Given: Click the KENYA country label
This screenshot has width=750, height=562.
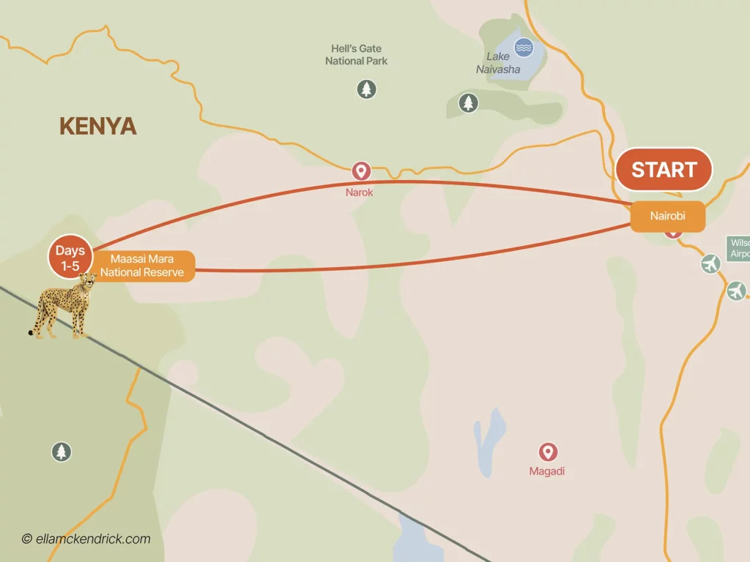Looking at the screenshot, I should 98,127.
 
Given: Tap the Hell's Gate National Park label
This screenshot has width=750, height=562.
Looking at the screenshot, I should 356,55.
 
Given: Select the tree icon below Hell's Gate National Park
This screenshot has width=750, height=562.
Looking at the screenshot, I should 366,90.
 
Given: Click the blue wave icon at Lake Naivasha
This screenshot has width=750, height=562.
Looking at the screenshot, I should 524,48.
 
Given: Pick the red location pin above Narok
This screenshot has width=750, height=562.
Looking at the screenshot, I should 360,171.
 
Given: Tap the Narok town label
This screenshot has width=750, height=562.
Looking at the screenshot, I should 360,192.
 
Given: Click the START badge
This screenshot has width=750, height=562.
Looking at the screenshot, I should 664,169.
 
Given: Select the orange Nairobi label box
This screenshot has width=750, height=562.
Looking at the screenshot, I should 667,216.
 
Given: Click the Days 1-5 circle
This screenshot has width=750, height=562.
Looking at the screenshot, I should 70,258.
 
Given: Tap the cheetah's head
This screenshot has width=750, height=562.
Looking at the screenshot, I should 89,282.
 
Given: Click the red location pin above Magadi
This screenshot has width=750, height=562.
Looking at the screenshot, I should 548,452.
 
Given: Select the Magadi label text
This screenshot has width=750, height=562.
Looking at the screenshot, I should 547,472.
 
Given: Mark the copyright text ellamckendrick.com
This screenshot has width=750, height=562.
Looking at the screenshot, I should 86,539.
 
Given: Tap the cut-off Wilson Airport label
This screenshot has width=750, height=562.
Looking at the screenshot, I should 738,248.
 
